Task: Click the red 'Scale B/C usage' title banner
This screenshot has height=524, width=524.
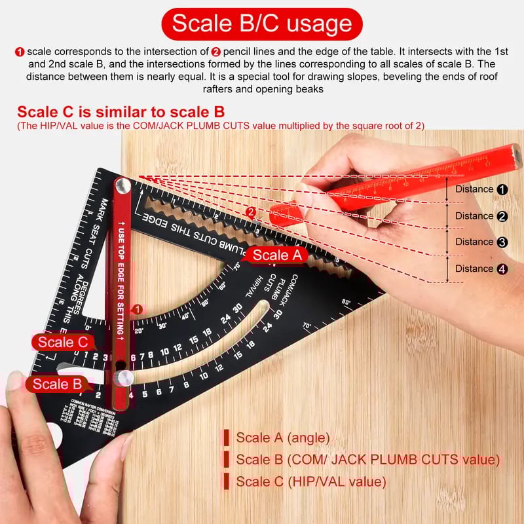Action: pyautogui.click(x=262, y=24)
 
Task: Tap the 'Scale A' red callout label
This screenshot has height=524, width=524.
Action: pyautogui.click(x=276, y=255)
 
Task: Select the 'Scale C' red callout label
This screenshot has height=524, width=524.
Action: pyautogui.click(x=62, y=342)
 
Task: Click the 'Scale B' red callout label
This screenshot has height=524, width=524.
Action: pyautogui.click(x=58, y=384)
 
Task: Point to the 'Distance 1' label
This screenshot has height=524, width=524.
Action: pyautogui.click(x=481, y=189)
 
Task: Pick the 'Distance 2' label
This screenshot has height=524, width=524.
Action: pyautogui.click(x=481, y=216)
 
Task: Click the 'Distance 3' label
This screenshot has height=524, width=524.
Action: pyautogui.click(x=481, y=242)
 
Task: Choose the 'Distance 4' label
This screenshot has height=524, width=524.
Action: pyautogui.click(x=481, y=269)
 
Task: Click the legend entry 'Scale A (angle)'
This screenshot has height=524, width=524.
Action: pyautogui.click(x=282, y=438)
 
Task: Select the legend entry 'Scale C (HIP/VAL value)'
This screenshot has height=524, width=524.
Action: pyautogui.click(x=310, y=481)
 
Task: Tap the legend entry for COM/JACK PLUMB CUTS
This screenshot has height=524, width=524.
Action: pyautogui.click(x=367, y=459)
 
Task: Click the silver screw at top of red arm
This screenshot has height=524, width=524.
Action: pyautogui.click(x=122, y=187)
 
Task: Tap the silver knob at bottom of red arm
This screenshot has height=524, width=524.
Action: pyautogui.click(x=122, y=377)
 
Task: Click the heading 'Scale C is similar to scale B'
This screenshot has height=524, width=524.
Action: pyautogui.click(x=121, y=111)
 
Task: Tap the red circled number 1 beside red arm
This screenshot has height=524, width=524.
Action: pyautogui.click(x=138, y=309)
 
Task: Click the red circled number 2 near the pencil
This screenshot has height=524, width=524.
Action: pyautogui.click(x=251, y=212)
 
